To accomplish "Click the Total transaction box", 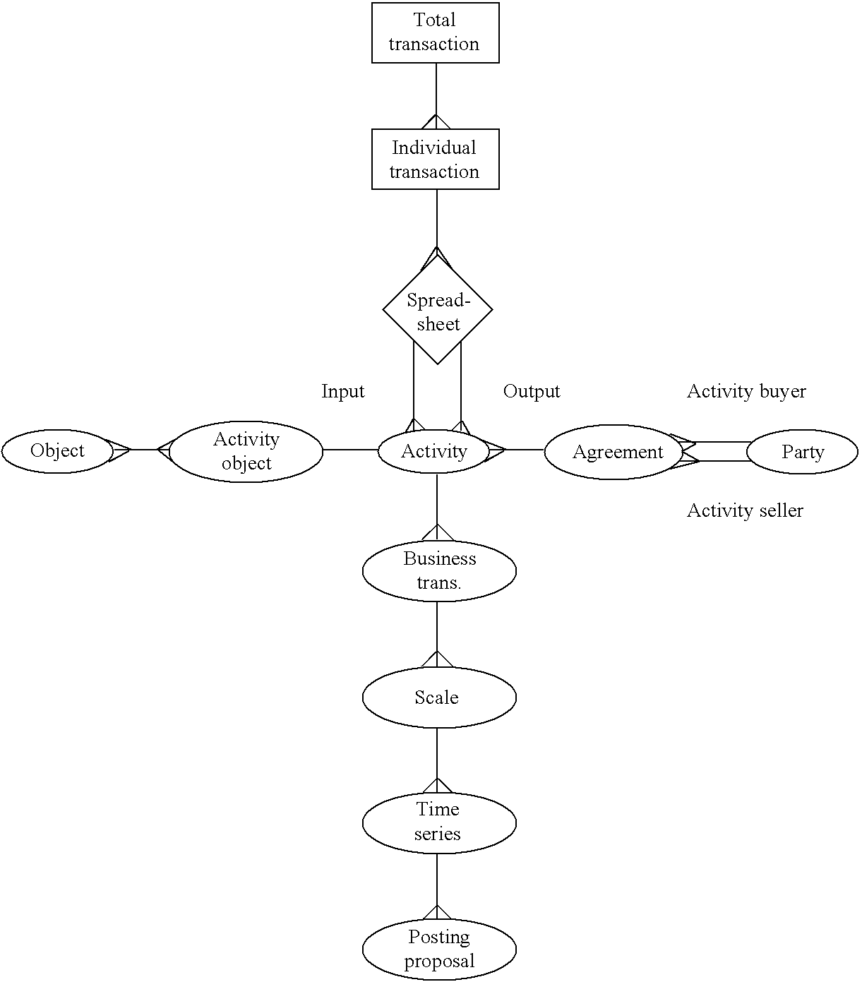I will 435,32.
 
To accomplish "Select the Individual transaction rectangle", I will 435,159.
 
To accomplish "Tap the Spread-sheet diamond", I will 437,310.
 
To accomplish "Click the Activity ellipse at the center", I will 433,451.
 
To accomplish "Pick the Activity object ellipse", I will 246,452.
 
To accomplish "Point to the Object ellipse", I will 57,451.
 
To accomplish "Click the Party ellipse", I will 802,452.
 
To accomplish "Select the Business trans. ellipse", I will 439,570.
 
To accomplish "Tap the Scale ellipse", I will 438,697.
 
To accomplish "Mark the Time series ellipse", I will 438,822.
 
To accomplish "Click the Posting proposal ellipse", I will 438,949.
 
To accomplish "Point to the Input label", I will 342,391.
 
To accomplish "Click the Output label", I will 531,391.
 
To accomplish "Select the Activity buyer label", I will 746,391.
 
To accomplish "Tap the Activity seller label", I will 745,510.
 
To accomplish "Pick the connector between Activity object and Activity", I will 350,450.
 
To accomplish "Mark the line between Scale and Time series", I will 437,752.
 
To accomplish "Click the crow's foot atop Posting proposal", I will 437,912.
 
